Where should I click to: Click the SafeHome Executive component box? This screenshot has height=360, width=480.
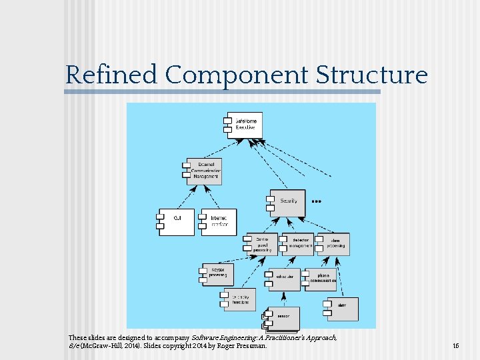(245, 125)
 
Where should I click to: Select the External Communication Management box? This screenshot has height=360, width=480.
(205, 171)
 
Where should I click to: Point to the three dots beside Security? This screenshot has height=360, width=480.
(317, 200)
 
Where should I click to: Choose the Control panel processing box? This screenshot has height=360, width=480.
(262, 245)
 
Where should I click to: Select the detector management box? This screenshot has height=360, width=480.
(298, 245)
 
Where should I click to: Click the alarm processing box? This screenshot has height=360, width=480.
(333, 245)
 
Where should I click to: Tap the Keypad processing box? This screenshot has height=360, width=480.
(217, 273)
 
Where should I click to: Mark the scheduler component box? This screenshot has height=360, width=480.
(284, 279)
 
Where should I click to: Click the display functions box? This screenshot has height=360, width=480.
(240, 299)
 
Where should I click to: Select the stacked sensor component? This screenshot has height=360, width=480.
(282, 319)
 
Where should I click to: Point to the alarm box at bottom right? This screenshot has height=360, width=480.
(342, 309)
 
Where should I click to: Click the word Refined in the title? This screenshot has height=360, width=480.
(112, 75)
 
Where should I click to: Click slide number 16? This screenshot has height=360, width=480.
(456, 346)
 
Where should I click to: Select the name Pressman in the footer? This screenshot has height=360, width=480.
(252, 346)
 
